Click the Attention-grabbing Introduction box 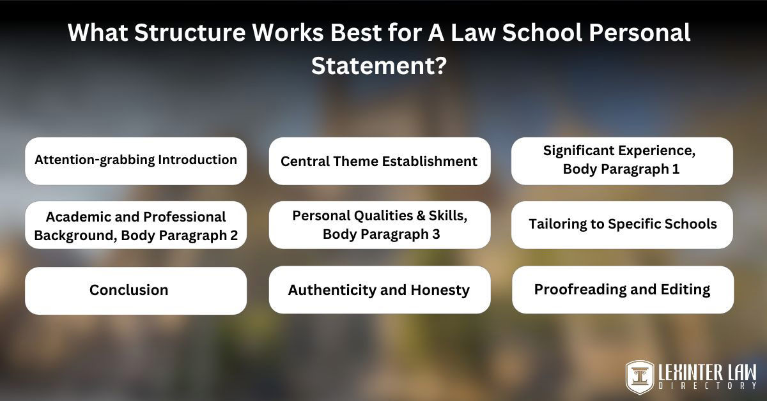pos(136,161)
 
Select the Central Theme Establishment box pos(379,161)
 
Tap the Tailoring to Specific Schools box pos(622,225)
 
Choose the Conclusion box pos(136,291)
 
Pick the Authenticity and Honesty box pos(379,291)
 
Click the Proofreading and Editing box pos(622,290)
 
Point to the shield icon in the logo pos(639,376)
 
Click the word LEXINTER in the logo pos(683,371)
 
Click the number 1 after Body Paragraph pos(674,170)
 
